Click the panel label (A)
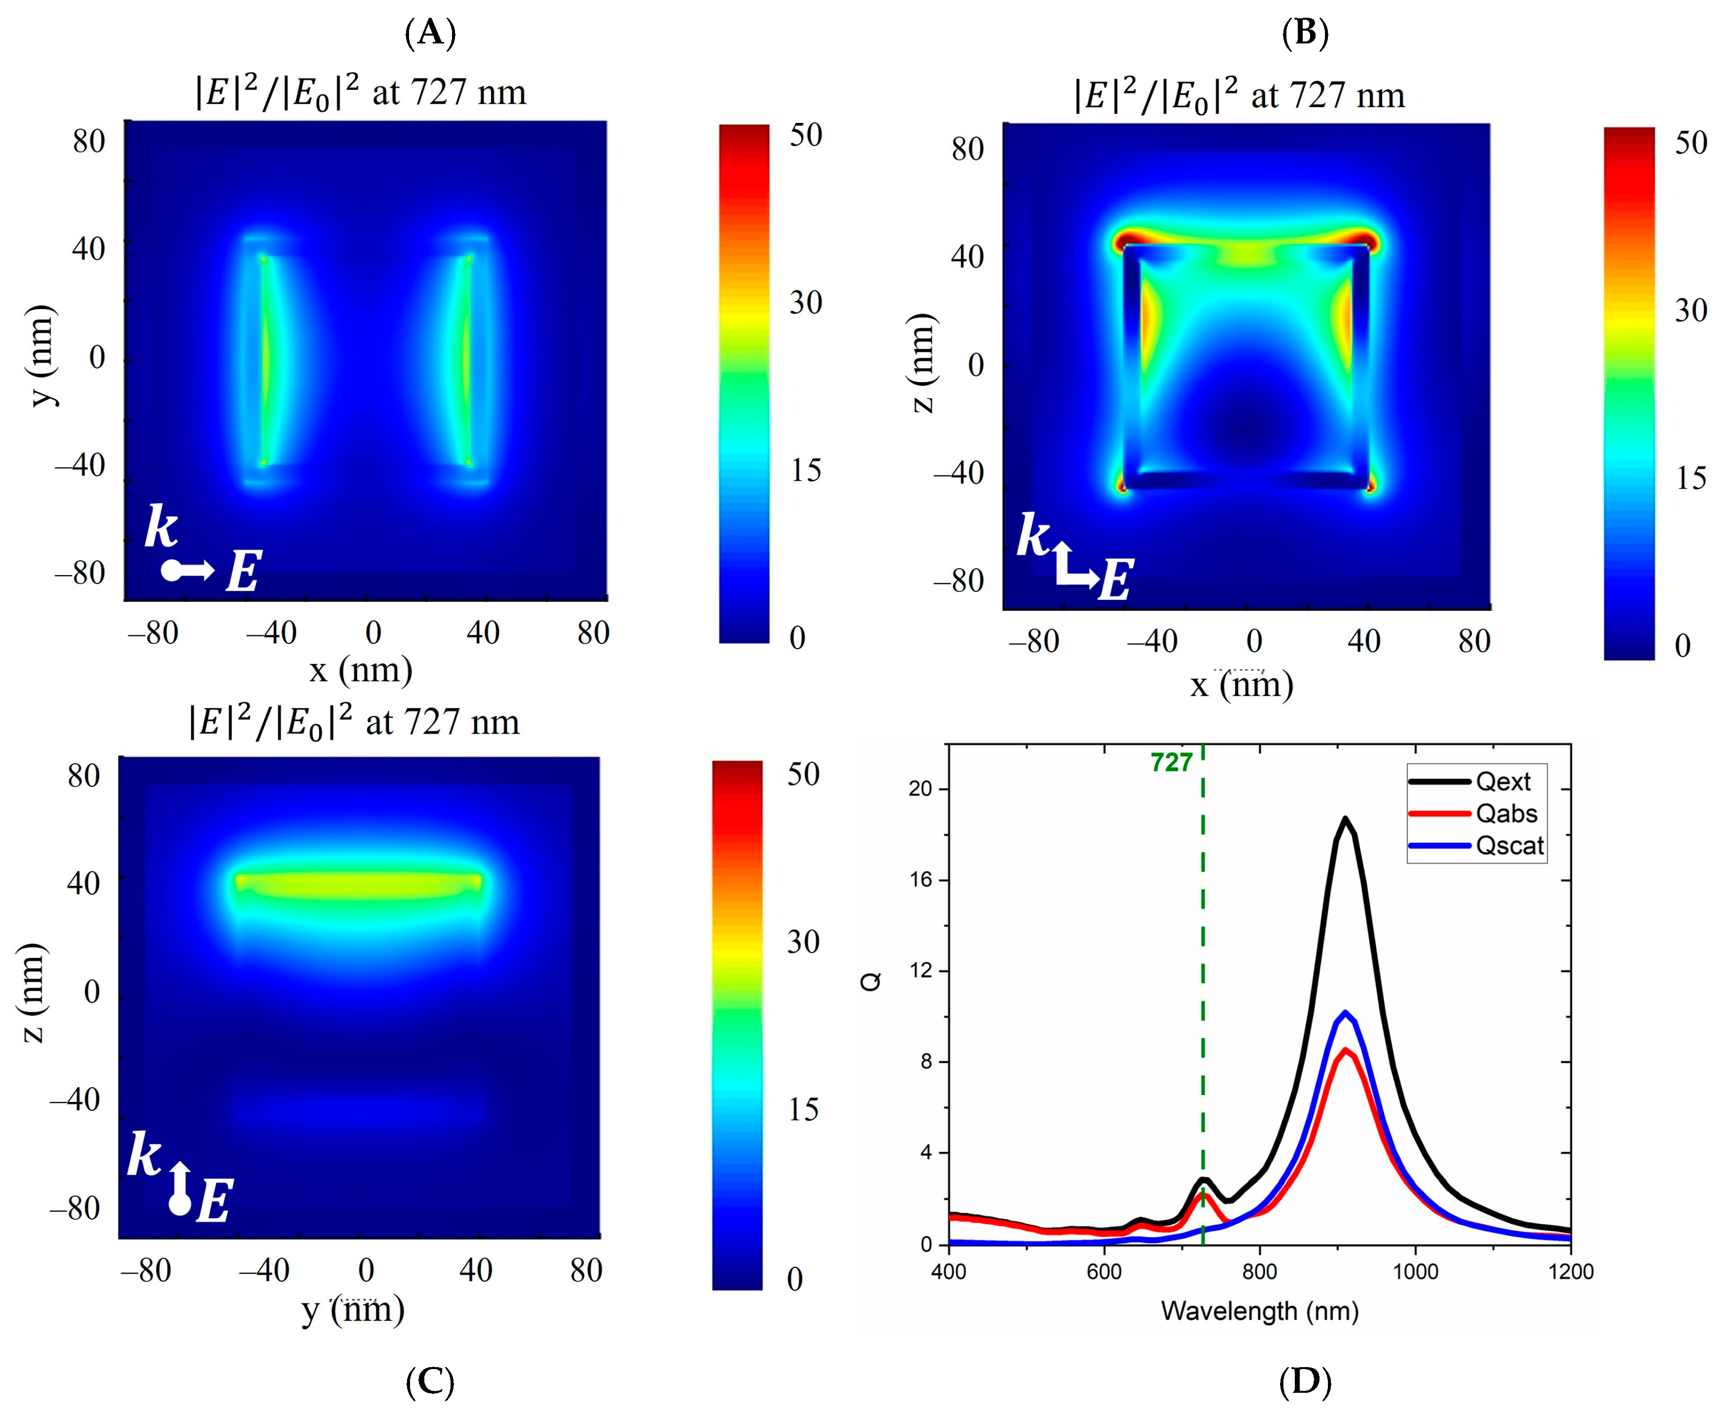430,34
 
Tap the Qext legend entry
1502,782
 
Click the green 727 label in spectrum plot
1171,762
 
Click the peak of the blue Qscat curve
1346,1012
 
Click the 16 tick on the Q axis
920,880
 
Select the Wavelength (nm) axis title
1260,1311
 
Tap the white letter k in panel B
1032,536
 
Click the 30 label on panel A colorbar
806,303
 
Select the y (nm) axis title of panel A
41,356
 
